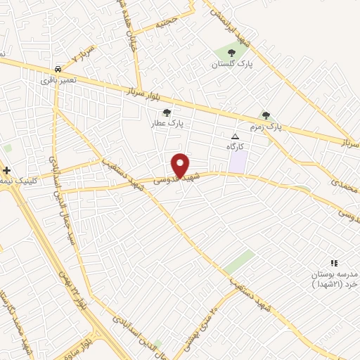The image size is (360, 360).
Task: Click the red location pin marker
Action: pyautogui.click(x=180, y=165)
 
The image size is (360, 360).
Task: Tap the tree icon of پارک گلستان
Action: pyautogui.click(x=232, y=53)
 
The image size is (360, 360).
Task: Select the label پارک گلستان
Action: pyautogui.click(x=231, y=65)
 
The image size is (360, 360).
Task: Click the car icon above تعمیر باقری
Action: pyautogui.click(x=58, y=70)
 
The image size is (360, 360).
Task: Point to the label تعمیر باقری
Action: pyautogui.click(x=58, y=82)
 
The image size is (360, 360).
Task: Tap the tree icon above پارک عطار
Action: pyautogui.click(x=167, y=112)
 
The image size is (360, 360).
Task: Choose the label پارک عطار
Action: pyautogui.click(x=167, y=123)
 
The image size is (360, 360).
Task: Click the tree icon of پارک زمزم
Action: pyautogui.click(x=266, y=115)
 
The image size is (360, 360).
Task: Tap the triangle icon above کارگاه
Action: pyautogui.click(x=235, y=136)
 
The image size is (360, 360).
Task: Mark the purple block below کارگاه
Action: pyautogui.click(x=239, y=161)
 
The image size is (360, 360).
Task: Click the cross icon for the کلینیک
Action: pyautogui.click(x=6, y=169)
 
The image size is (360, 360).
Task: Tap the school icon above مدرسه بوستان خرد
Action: pyautogui.click(x=334, y=262)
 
